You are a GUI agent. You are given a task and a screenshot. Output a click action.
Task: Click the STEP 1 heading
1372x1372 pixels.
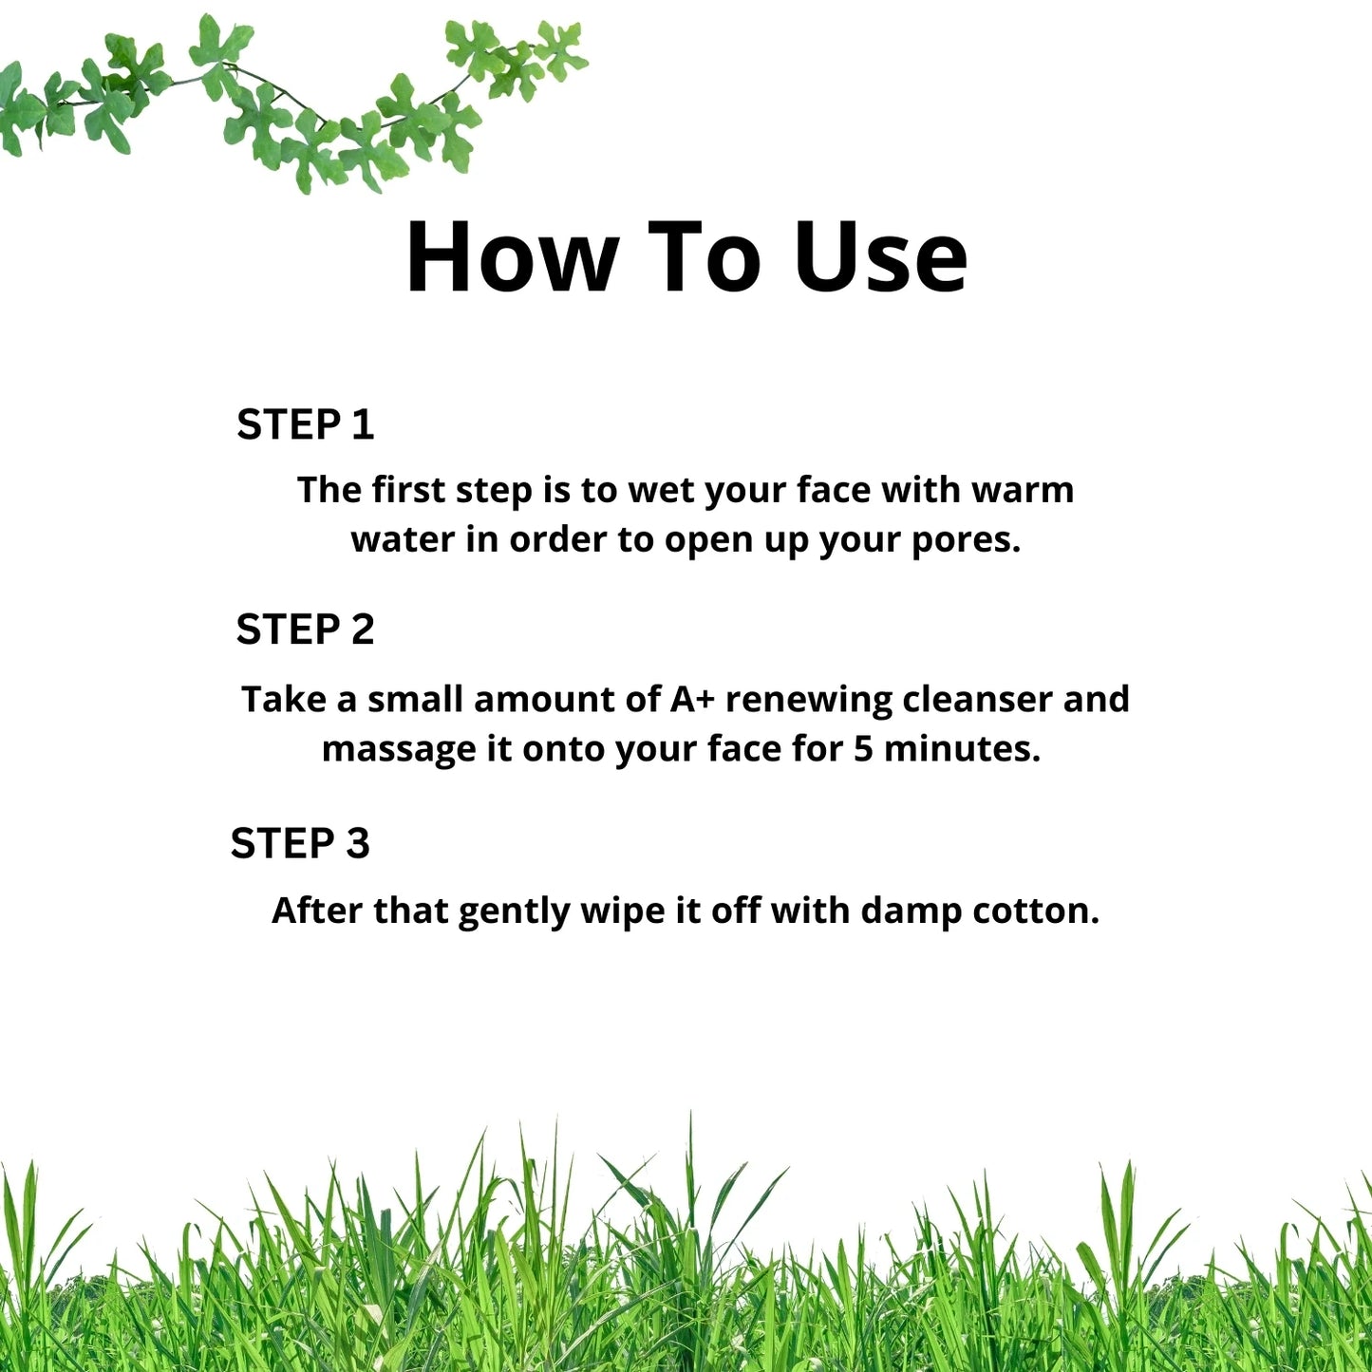[306, 424]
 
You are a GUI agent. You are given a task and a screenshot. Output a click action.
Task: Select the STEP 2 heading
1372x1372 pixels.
[306, 630]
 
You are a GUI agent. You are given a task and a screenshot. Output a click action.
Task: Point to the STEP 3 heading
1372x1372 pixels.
[300, 843]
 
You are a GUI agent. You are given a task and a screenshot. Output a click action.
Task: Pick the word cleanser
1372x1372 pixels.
[977, 699]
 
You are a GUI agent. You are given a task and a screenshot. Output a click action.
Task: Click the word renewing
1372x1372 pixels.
[809, 701]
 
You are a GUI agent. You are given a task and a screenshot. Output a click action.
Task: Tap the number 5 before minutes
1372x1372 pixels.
[863, 749]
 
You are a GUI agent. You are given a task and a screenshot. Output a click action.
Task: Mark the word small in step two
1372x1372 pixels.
[415, 699]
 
